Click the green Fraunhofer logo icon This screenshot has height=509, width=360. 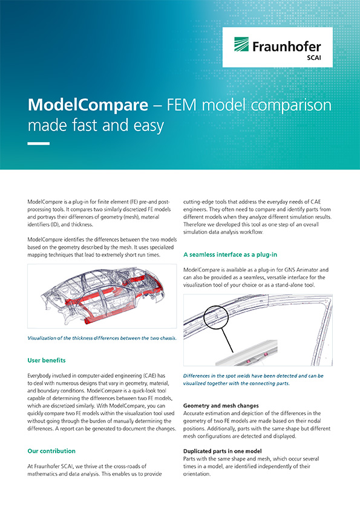coord(241,44)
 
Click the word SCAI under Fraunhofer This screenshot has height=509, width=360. coord(314,58)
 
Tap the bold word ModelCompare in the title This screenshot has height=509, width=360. coord(88,105)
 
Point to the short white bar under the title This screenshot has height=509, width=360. coord(38,143)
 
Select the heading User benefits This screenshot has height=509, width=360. coord(47,360)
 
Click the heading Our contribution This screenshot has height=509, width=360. coord(51,451)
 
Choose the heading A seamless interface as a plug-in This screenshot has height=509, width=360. coord(230,254)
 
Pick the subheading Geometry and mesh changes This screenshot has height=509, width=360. coord(221,406)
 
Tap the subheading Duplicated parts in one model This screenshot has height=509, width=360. coord(222,451)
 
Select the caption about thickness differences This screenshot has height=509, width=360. coord(102,338)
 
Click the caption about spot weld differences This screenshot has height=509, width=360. coord(253,380)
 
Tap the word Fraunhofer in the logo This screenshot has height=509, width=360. coord(287,47)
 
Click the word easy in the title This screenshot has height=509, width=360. coord(149,126)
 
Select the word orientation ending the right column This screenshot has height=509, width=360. coord(197,474)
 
